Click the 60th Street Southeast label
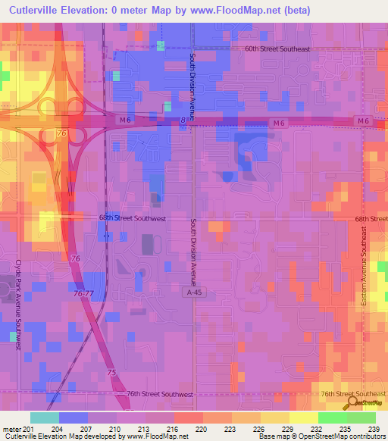point(277,49)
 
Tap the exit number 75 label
point(111,373)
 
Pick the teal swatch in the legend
point(44,418)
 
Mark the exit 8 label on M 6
point(183,119)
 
